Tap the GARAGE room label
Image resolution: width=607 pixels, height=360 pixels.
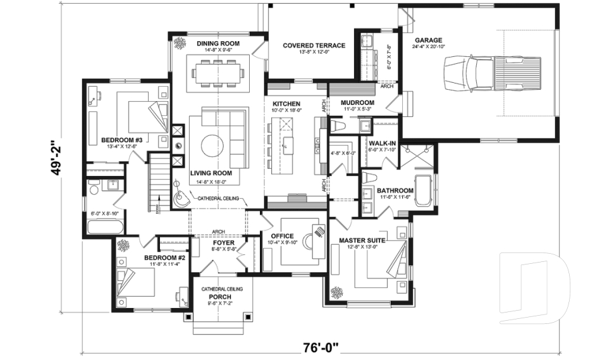428,39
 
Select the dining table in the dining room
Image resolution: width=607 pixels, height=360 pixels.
219,71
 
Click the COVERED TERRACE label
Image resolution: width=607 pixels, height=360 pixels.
314,46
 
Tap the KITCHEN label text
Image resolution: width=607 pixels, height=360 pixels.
286,103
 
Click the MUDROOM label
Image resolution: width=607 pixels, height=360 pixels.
357,102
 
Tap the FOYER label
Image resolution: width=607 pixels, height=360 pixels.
224,242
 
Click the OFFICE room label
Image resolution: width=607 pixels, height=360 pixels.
282,236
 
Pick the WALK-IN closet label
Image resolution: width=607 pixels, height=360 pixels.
383,143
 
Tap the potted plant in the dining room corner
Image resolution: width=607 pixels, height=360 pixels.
180,44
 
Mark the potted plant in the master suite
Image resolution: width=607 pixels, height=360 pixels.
337,292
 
